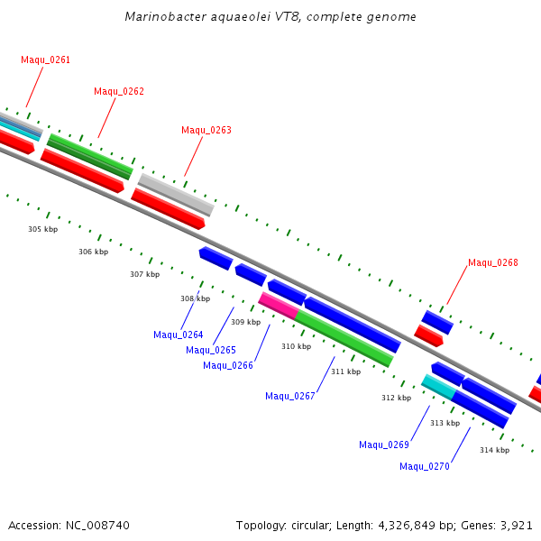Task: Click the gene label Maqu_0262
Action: click(119, 91)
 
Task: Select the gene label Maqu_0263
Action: click(206, 130)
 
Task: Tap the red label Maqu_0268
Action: click(493, 263)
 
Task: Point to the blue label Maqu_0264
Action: click(179, 335)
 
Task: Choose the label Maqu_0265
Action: click(211, 350)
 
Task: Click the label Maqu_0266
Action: click(228, 365)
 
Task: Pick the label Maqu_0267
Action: click(290, 396)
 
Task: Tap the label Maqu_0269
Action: click(384, 445)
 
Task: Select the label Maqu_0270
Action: click(425, 466)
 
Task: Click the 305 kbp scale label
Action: click(42, 229)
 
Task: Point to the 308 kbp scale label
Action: click(195, 298)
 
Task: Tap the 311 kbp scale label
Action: click(345, 371)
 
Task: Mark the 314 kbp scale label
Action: click(494, 450)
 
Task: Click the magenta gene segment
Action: click(279, 305)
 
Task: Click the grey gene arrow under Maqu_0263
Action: click(176, 193)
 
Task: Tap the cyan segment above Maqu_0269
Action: click(438, 386)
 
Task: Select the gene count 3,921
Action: click(517, 525)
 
